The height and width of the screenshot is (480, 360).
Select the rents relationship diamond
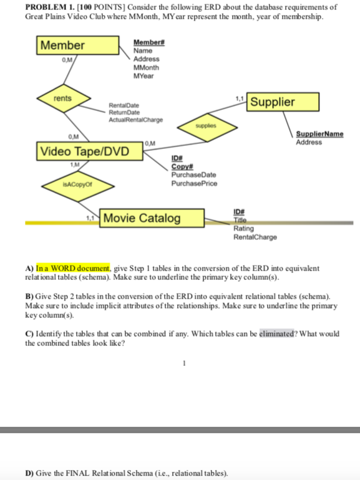62,98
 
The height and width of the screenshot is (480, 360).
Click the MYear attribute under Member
144,75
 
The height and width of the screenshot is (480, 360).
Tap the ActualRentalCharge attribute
135,120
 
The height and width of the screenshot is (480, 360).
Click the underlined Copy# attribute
180,167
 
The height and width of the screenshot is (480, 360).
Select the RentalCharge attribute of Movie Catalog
255,237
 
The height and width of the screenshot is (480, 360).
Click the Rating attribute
243,229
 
